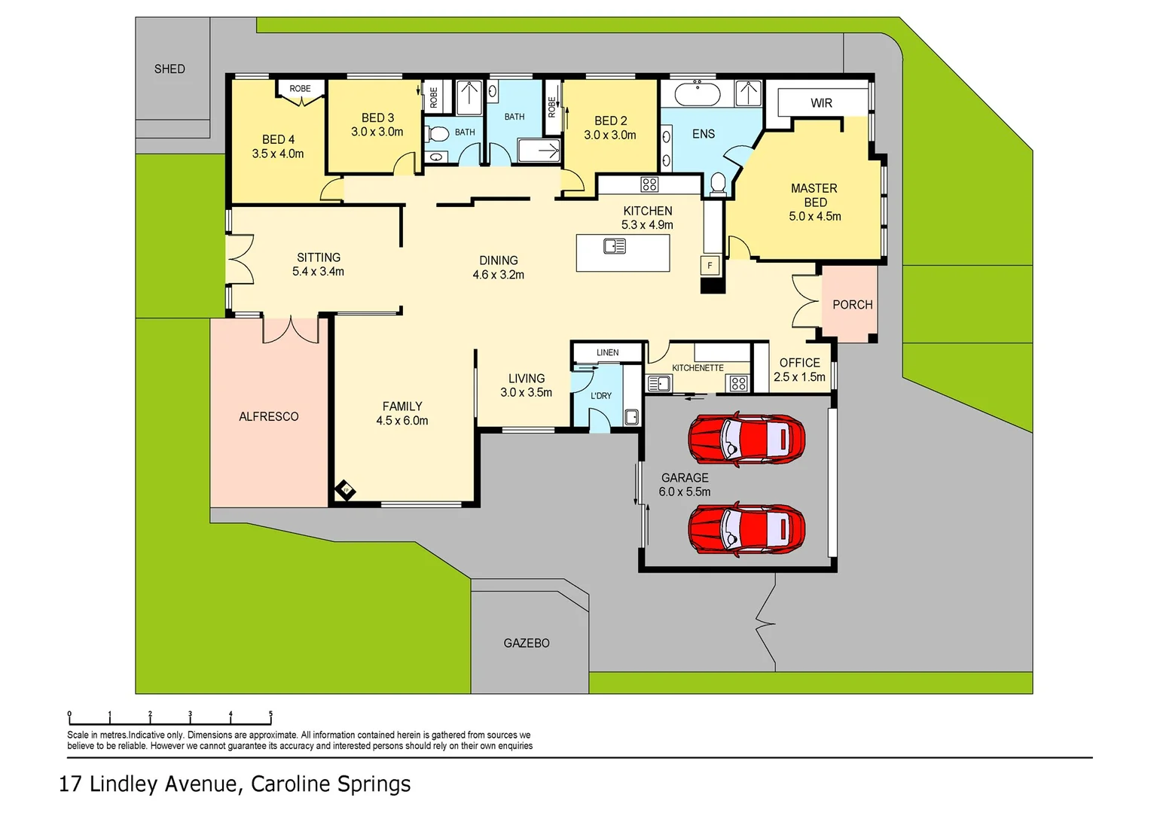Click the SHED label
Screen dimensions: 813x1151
point(169,69)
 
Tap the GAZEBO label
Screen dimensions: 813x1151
point(527,643)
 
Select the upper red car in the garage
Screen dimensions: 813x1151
point(746,439)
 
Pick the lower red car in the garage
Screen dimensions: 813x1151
point(746,530)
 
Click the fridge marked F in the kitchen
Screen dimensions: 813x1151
point(710,266)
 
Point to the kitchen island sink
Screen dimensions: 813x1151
point(615,246)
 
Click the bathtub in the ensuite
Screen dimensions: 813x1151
point(697,95)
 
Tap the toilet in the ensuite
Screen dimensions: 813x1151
point(718,183)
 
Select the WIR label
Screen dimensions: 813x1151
point(821,103)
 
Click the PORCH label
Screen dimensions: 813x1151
point(852,305)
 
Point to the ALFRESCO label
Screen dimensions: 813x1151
point(269,416)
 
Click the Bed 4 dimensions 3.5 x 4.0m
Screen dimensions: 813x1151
point(278,154)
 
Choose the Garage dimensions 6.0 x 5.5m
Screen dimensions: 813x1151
point(684,492)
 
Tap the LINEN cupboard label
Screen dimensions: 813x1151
point(607,352)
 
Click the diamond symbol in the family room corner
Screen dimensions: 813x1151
point(346,490)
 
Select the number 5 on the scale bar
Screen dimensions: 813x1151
point(270,714)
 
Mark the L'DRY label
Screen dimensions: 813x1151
point(601,395)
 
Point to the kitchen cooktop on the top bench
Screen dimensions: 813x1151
point(649,184)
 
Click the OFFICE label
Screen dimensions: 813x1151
point(799,363)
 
